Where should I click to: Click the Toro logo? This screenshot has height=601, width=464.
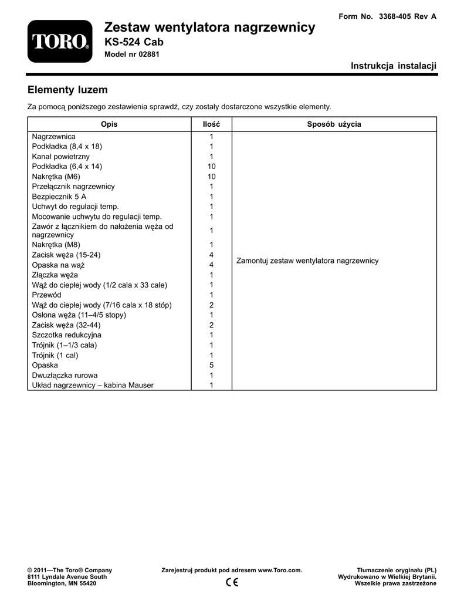[x=60, y=42]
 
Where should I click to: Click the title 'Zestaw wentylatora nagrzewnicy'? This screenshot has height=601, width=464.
[x=209, y=27]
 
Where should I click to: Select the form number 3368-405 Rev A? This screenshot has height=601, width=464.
[x=388, y=16]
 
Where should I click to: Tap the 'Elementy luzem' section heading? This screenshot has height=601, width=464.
[x=67, y=90]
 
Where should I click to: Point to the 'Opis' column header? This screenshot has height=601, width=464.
[x=109, y=124]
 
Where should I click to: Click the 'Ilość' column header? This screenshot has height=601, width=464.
[x=211, y=124]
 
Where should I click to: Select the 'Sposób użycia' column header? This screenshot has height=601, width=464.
[x=334, y=124]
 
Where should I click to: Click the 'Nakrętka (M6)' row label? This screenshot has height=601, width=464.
[x=56, y=176]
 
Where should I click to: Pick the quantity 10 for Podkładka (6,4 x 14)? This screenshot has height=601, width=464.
[x=211, y=166]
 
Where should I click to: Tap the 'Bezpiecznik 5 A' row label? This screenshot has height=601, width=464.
[x=59, y=196]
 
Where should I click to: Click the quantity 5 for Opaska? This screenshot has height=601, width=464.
[x=211, y=365]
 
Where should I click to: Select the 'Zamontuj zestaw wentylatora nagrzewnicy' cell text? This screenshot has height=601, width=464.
[x=307, y=261]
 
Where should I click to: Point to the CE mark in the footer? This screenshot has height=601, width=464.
[x=231, y=582]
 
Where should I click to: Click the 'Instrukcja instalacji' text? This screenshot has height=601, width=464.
[x=394, y=66]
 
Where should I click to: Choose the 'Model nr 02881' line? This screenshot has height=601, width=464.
[x=131, y=55]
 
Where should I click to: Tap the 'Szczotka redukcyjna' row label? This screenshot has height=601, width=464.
[x=66, y=335]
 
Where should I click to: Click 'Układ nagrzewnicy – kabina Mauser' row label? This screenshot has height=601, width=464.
[x=93, y=385]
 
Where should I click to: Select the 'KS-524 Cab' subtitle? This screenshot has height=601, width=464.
[x=133, y=42]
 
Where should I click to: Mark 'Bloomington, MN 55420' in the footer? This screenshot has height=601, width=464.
[x=62, y=584]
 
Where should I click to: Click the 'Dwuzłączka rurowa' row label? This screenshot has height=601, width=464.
[x=65, y=375]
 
